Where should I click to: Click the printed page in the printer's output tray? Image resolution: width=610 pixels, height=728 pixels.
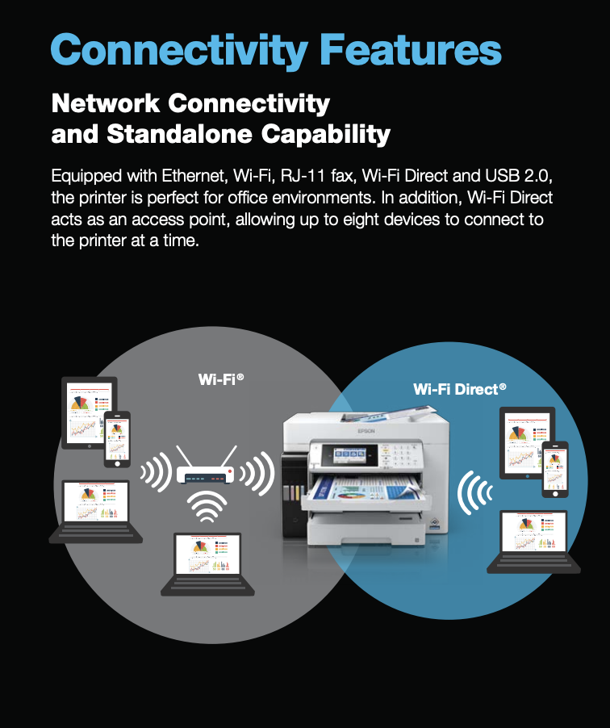367,487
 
